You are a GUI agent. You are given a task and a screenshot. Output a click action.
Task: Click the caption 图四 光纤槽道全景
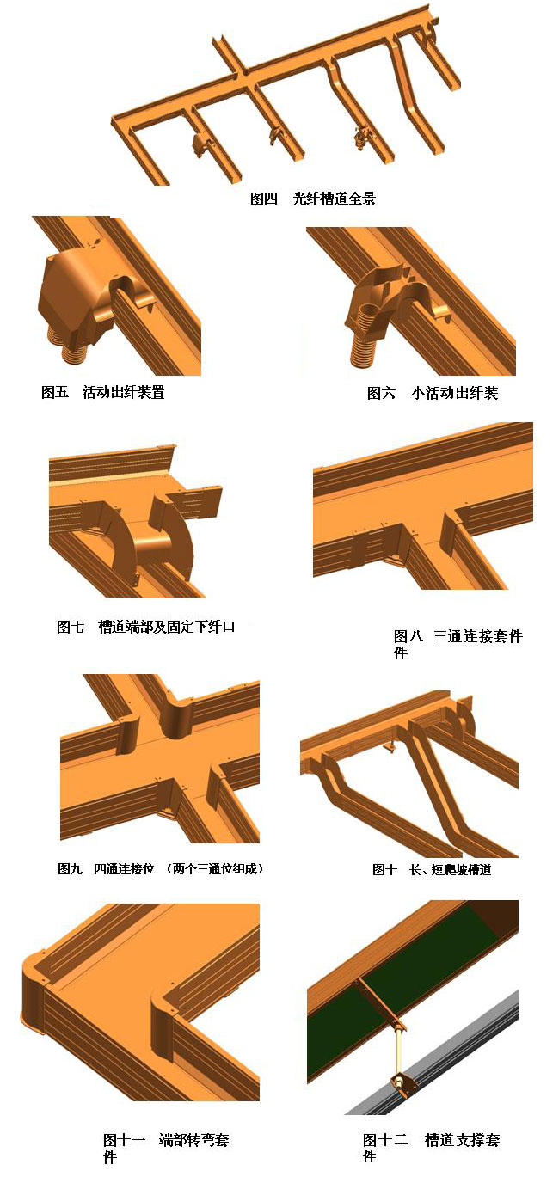313,199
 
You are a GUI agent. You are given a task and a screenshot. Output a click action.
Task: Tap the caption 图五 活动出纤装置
103,392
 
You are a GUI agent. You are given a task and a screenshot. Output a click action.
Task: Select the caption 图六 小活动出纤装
433,392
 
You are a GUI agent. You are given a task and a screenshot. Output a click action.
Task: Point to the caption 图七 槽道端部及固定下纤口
146,627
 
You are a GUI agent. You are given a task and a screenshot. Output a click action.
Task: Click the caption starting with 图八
458,643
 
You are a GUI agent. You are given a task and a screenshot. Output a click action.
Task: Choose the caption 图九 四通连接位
106,868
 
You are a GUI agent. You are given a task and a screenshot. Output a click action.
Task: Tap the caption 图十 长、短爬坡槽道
433,869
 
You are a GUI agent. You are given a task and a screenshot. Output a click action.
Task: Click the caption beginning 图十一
166,1148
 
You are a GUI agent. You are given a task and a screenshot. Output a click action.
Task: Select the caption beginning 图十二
431,1148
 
